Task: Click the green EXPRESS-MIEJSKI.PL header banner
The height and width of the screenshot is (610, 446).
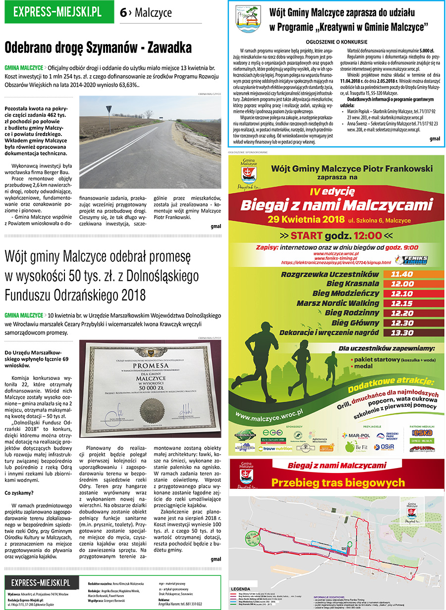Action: click(57, 12)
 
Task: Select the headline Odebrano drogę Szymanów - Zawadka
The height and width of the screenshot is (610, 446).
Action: click(98, 48)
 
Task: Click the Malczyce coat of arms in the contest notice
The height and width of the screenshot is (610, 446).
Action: click(248, 19)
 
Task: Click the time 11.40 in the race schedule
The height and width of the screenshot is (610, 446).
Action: click(402, 274)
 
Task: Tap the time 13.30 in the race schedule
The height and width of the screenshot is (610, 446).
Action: click(402, 332)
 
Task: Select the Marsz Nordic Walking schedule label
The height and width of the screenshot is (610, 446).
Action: click(338, 303)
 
